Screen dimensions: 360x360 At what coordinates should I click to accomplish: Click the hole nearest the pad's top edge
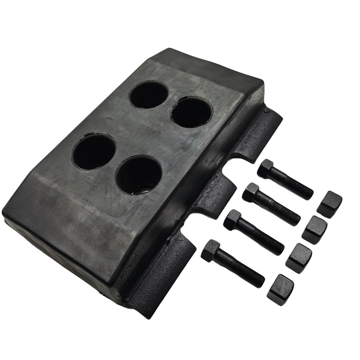[x=148, y=95]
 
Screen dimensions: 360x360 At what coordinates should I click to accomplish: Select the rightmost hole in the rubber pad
[x=192, y=112]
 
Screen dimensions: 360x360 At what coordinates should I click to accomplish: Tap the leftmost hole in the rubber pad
[x=94, y=151]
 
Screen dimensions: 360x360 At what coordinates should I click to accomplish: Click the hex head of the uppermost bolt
[x=266, y=168]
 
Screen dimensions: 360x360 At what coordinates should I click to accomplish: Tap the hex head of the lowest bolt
[x=211, y=251]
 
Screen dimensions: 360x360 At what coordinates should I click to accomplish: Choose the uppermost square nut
[x=329, y=204]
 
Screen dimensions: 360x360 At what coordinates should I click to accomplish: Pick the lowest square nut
[x=280, y=290]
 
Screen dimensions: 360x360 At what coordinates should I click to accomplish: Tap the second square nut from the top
[x=314, y=230]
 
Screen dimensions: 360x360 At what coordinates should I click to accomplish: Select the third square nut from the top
[x=298, y=258]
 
